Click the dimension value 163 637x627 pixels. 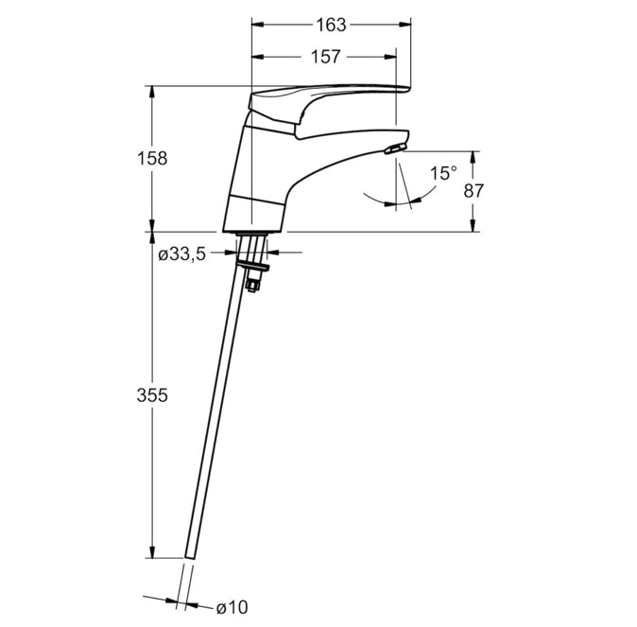coord(331,25)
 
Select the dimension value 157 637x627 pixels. coord(325,57)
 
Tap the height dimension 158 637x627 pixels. coord(152,158)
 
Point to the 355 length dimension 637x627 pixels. coord(152,394)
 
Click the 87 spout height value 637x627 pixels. coord(473,191)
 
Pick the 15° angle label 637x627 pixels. coord(443,173)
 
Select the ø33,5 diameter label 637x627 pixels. coord(182,254)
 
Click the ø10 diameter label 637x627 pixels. coord(232,607)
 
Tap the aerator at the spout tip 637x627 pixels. coord(395,148)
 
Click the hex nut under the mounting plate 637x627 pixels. coord(252,285)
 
